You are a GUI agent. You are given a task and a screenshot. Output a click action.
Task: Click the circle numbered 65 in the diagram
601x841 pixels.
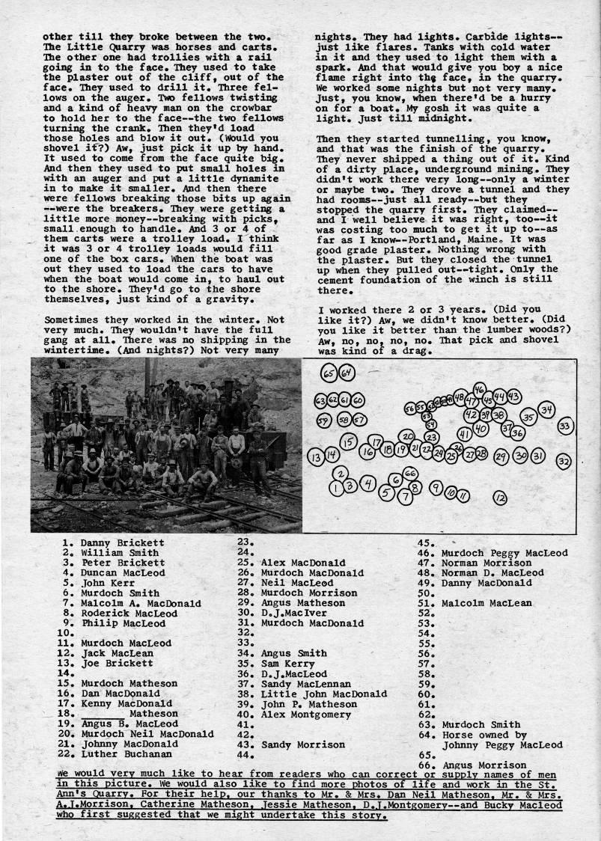pos(329,373)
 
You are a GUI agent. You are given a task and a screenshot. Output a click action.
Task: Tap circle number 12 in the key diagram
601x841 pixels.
pos(499,498)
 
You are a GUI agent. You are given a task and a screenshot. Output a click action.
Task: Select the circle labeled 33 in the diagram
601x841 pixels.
pos(565,426)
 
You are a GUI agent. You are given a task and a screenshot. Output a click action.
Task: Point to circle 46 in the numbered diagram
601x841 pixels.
pos(479,389)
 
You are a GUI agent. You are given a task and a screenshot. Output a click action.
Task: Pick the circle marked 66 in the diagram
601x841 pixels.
pos(409,474)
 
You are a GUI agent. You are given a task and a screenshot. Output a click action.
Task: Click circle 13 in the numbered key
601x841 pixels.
pos(316,455)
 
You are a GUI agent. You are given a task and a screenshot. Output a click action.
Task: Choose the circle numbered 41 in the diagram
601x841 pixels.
pos(464,434)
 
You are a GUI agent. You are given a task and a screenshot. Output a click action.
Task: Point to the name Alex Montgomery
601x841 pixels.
pos(305,714)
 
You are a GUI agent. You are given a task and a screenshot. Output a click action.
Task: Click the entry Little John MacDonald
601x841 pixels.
pos(323,694)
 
